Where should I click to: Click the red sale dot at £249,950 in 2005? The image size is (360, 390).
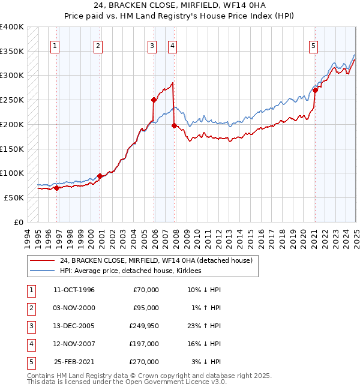pos(154,100)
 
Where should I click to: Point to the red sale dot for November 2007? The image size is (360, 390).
pos(173,126)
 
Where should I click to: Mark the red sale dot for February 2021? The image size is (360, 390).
pos(315,90)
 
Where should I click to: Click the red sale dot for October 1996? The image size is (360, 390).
pos(57,188)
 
